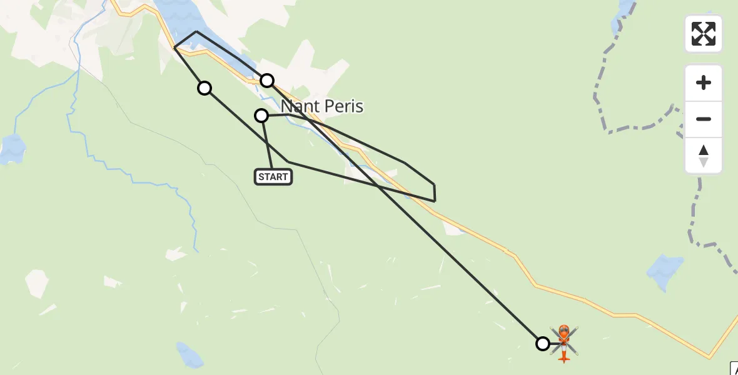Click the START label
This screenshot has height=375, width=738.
click(273, 177)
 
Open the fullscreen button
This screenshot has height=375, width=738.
click(704, 34)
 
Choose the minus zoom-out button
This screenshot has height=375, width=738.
click(704, 119)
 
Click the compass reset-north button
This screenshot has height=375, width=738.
click(704, 156)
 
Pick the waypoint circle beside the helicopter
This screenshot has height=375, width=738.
click(543, 343)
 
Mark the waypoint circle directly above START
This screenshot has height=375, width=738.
click(261, 116)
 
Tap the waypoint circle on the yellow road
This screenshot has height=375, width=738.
click(267, 80)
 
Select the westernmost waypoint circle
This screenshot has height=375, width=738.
click(205, 88)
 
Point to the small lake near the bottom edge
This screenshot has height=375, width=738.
click(190, 355)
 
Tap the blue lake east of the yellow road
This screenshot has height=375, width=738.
click(664, 268)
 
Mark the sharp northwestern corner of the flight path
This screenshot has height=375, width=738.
click(174, 47)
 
